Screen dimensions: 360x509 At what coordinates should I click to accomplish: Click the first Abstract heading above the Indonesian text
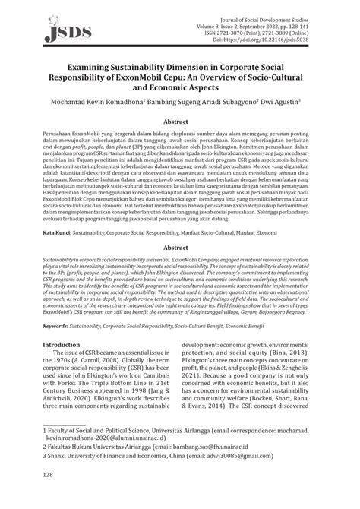click(x=179, y=121)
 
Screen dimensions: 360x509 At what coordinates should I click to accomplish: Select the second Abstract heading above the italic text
click(x=179, y=226)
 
